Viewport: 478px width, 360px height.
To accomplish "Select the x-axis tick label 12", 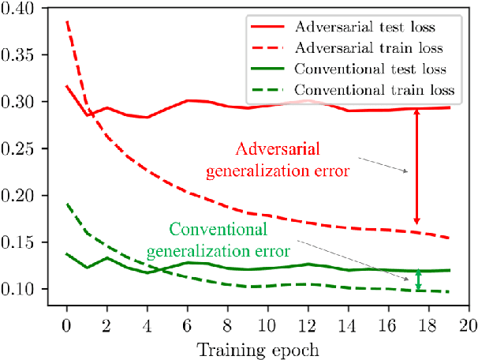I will pyautogui.click(x=308, y=324).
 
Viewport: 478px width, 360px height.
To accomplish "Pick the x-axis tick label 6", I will pyautogui.click(x=188, y=324).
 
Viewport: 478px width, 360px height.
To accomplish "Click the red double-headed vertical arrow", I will pyautogui.click(x=417, y=167).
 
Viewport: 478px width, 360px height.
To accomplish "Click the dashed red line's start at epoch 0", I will pyautogui.click(x=66, y=21).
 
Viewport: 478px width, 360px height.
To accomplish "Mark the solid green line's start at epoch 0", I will pyautogui.click(x=66, y=254).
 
